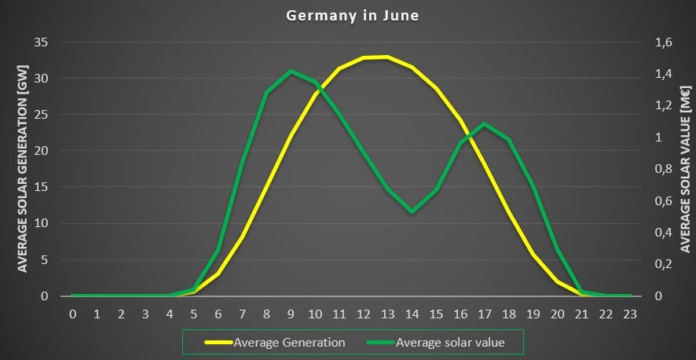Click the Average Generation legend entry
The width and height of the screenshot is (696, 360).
point(288,342)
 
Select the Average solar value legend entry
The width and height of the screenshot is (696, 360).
point(449,342)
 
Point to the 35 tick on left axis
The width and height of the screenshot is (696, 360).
point(43,42)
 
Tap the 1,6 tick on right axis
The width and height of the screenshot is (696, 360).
point(664,42)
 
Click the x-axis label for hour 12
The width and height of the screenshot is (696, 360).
point(363,314)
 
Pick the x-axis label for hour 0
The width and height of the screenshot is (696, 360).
point(72,314)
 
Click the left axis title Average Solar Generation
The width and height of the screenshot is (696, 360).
point(22,169)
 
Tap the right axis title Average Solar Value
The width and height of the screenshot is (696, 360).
point(686,169)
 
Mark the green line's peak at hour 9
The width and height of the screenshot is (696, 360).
point(291,72)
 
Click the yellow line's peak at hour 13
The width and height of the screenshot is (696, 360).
point(387,57)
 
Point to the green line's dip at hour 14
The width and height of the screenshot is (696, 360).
point(412,211)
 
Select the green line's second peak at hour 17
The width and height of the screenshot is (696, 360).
point(485,124)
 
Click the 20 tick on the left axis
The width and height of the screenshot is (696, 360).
point(43,151)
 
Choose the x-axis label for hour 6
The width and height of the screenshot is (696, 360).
point(218,314)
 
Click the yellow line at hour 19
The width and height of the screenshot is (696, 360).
point(533,255)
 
